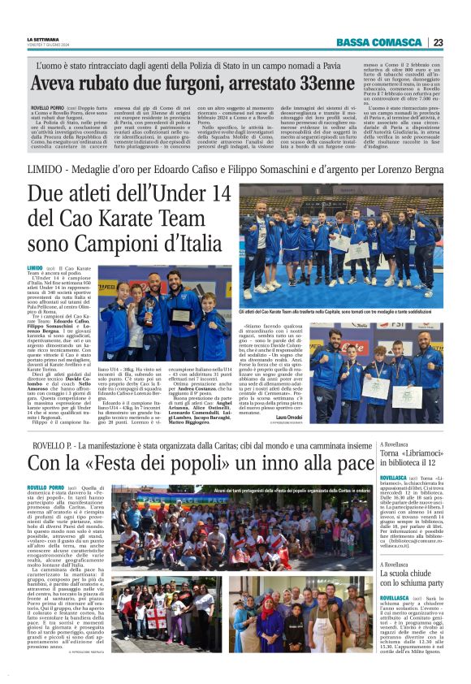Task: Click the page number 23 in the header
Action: (438, 42)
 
